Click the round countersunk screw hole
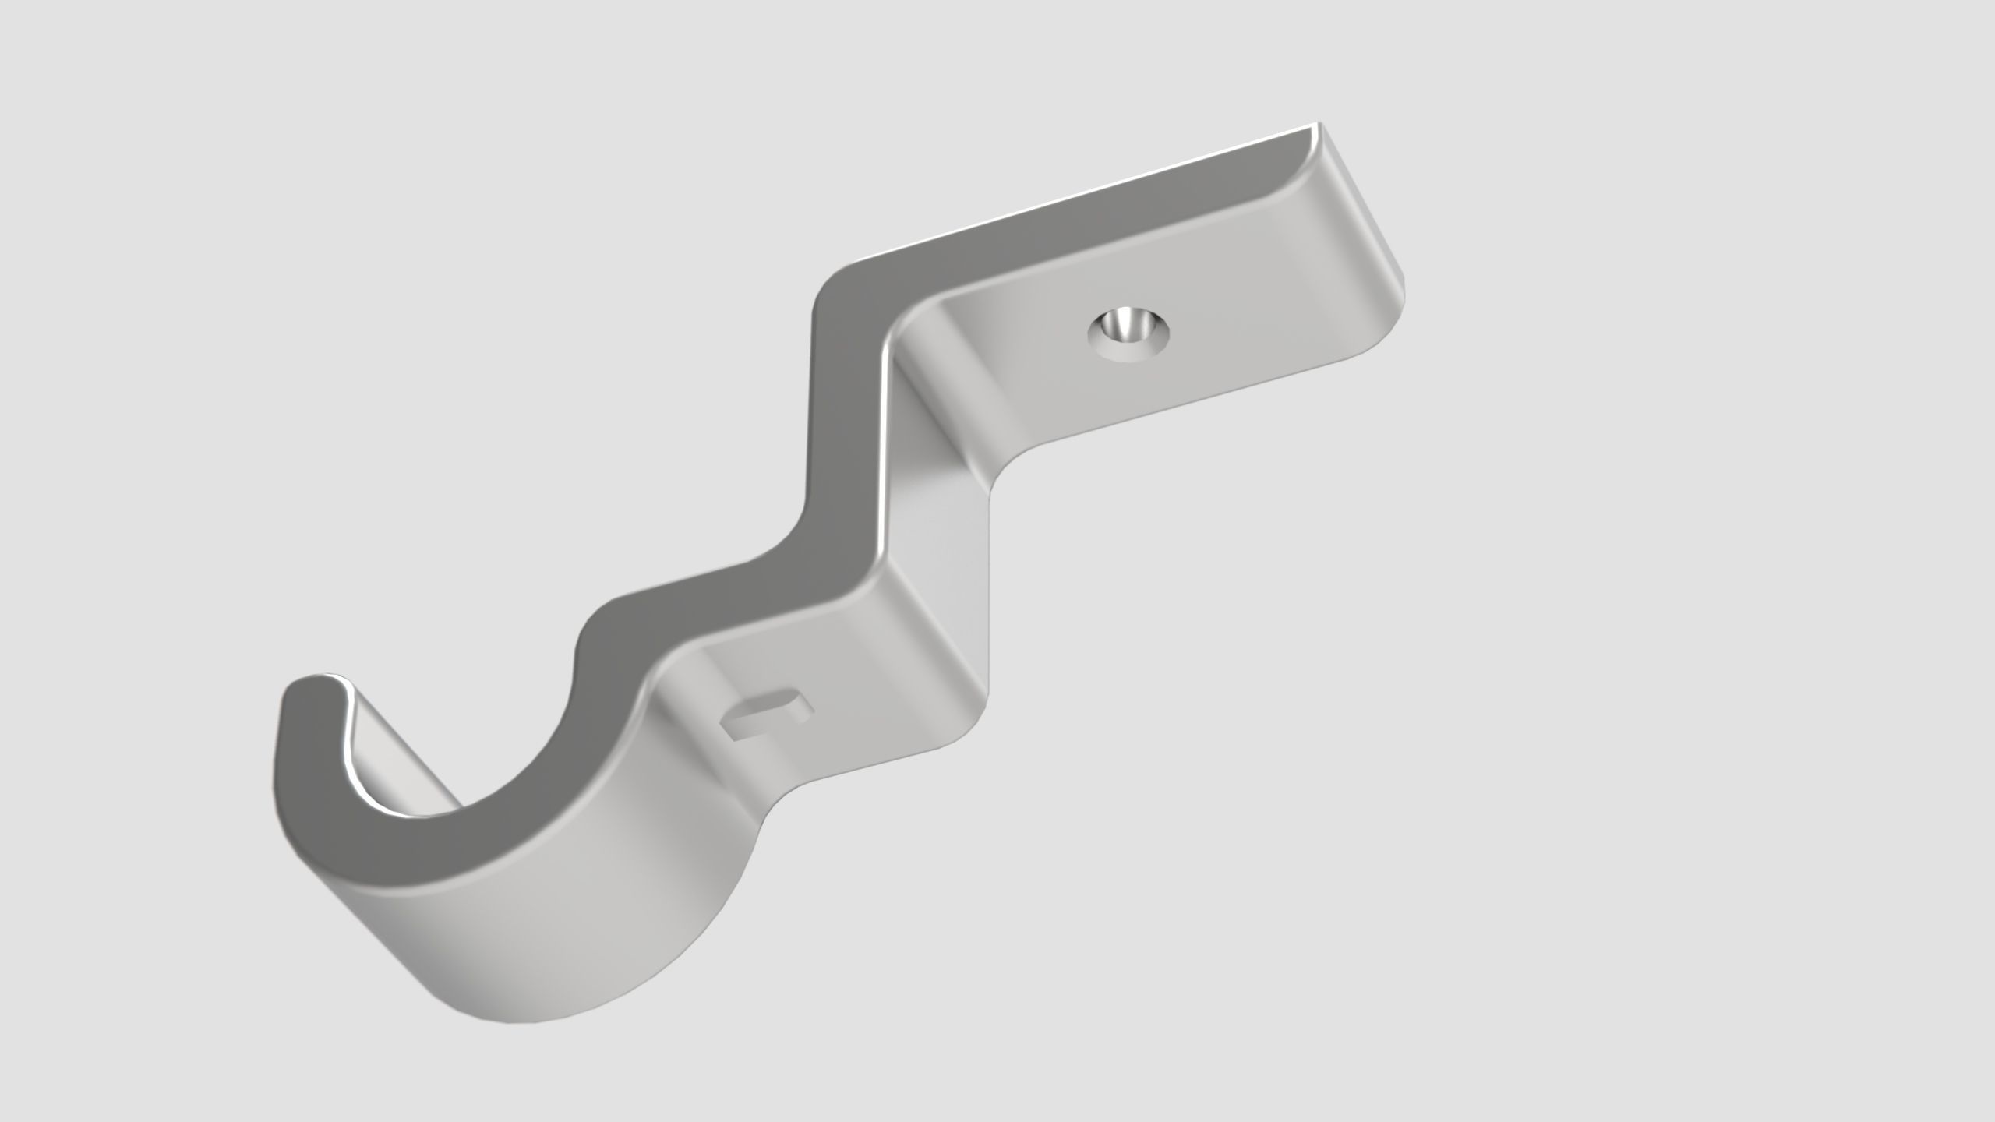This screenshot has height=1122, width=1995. tap(1128, 333)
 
